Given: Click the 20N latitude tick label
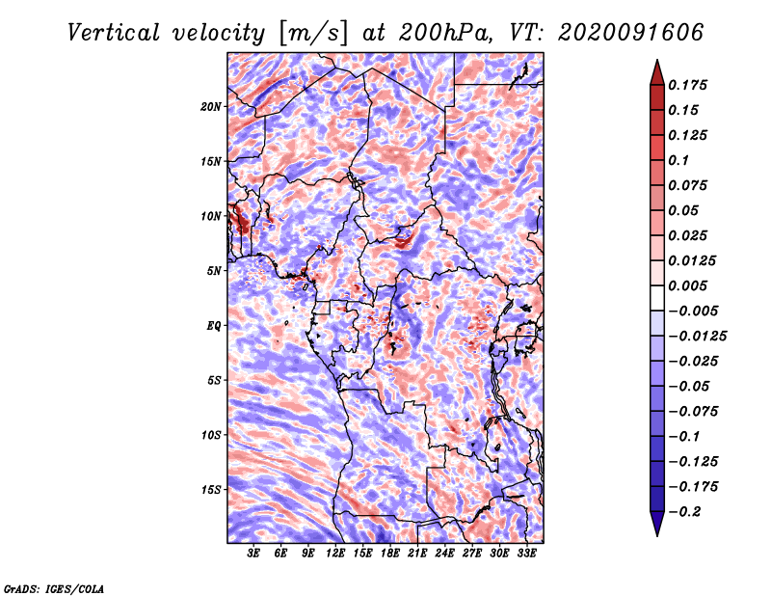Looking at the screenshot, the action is [x=211, y=107].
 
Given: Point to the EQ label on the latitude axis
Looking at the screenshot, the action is [x=214, y=326].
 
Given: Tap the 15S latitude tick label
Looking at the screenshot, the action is [x=211, y=490].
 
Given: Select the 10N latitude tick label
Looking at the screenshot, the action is [x=211, y=216].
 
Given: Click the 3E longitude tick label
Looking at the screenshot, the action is [x=253, y=554].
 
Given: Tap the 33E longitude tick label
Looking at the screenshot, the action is [x=526, y=554].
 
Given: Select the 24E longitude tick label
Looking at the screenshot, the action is [x=444, y=554].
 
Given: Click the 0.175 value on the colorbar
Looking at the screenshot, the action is [x=687, y=85].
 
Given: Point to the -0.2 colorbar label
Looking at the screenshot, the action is [x=684, y=512].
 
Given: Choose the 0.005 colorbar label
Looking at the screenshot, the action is [x=687, y=285].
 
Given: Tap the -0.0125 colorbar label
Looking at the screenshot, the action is [x=697, y=337].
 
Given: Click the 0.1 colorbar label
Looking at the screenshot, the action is [x=678, y=160].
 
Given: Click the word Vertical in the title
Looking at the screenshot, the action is [x=114, y=33].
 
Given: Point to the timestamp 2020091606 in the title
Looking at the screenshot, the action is [x=631, y=33].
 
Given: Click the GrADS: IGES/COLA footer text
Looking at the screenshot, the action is [x=54, y=589].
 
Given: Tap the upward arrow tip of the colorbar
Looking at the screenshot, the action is [x=657, y=60].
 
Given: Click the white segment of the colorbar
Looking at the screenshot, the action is [x=657, y=298].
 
